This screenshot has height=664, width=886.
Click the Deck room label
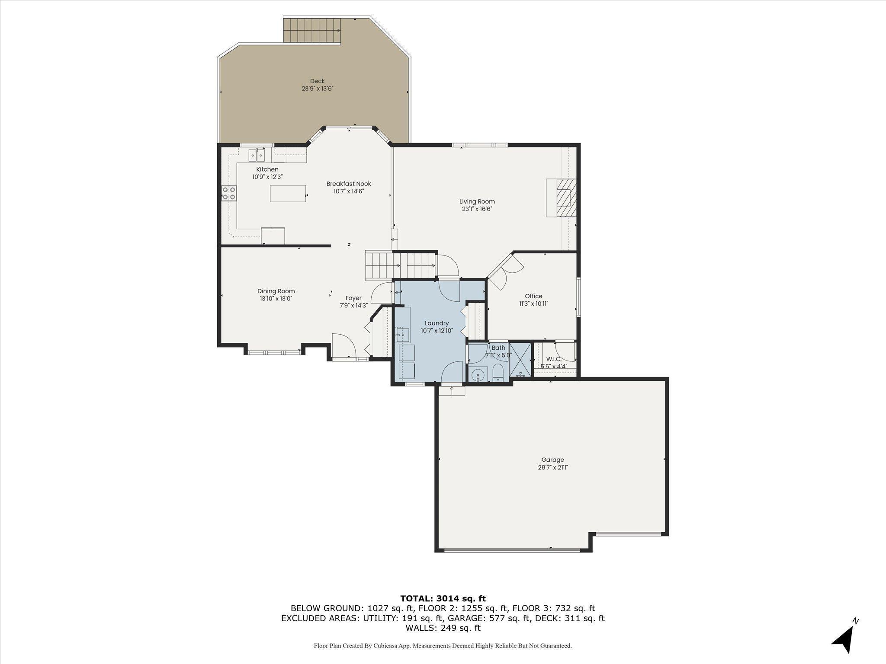click(x=317, y=81)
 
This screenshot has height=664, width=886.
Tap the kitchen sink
click(x=257, y=155)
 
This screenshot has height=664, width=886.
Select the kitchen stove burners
click(x=229, y=193)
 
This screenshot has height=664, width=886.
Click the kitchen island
click(x=288, y=193)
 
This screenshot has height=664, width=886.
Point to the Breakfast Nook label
click(x=349, y=184)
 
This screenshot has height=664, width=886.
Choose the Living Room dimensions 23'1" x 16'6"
click(x=477, y=209)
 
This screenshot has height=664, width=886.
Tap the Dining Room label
click(x=276, y=291)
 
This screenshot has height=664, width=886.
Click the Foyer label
click(x=353, y=298)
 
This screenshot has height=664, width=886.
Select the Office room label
click(x=533, y=296)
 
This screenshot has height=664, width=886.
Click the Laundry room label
click(x=437, y=323)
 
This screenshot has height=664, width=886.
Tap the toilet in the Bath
click(x=498, y=373)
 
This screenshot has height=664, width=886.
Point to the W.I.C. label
click(x=554, y=359)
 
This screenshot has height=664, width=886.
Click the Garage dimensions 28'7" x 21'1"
click(x=552, y=467)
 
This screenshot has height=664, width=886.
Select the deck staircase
click(x=312, y=30)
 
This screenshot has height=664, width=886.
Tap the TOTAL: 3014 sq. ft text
click(x=443, y=598)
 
